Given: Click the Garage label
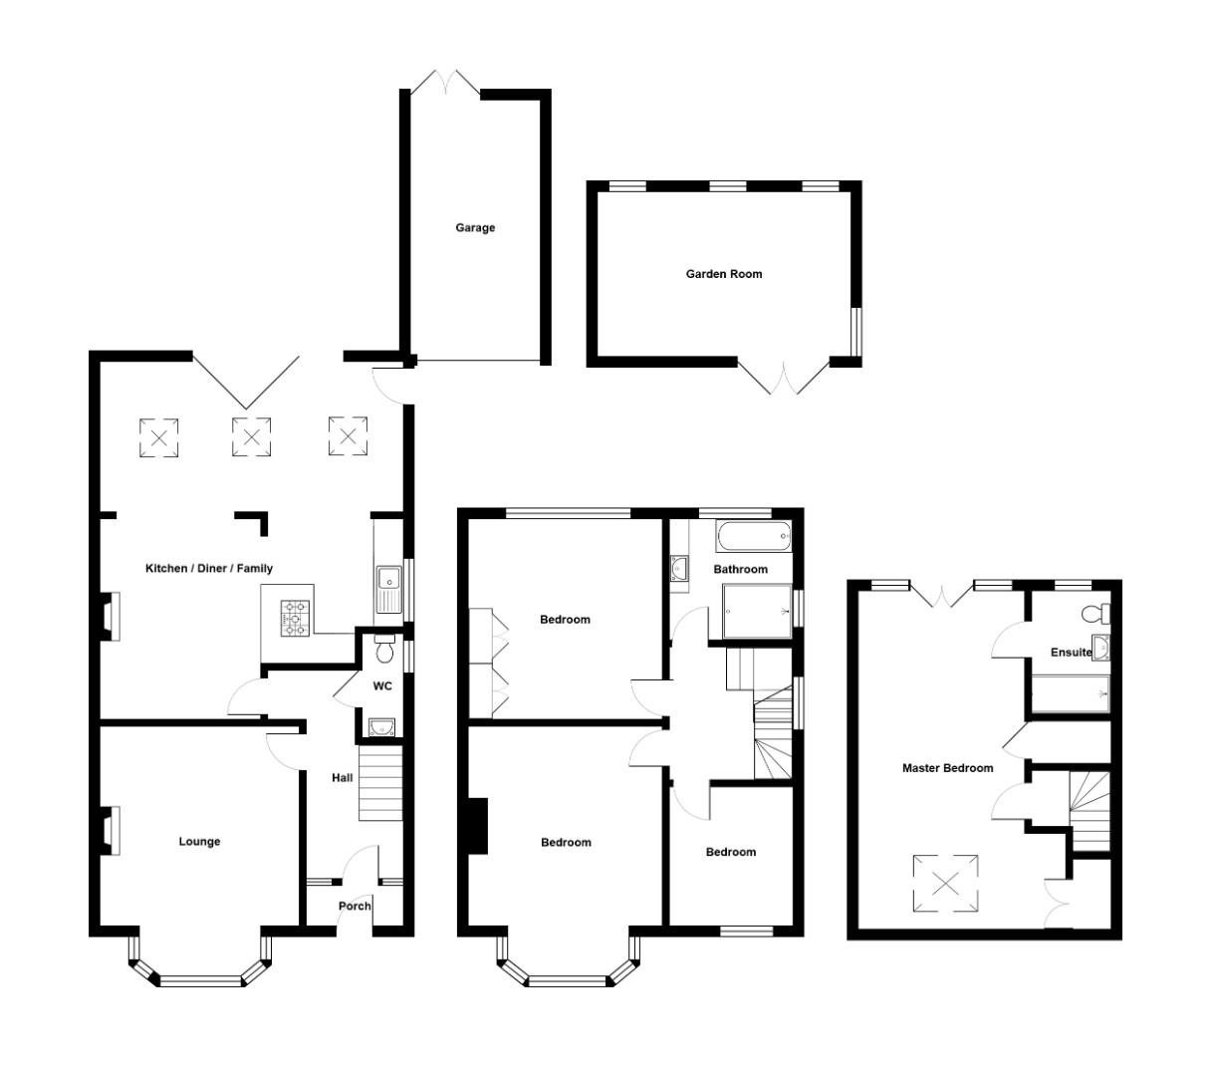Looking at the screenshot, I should click(x=475, y=228).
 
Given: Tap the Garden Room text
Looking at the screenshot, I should click(x=724, y=274).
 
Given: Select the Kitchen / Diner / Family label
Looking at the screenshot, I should click(x=209, y=569).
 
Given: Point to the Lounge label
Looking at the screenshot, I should click(x=199, y=842).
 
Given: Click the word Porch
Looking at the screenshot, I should click(x=355, y=906).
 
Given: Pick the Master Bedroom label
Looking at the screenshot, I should click(x=947, y=768).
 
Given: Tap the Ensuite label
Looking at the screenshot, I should click(x=1071, y=653).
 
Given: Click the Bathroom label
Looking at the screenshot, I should click(x=740, y=569).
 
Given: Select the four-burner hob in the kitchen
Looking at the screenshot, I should click(x=296, y=617).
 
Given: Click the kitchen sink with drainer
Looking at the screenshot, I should click(x=387, y=588).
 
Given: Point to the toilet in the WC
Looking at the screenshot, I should click(x=384, y=651).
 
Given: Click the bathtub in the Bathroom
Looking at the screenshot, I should click(x=754, y=537).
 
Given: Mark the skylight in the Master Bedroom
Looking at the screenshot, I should click(x=945, y=882).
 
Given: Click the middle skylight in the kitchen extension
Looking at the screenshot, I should click(x=251, y=436).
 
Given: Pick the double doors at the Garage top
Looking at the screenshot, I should click(x=446, y=84).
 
